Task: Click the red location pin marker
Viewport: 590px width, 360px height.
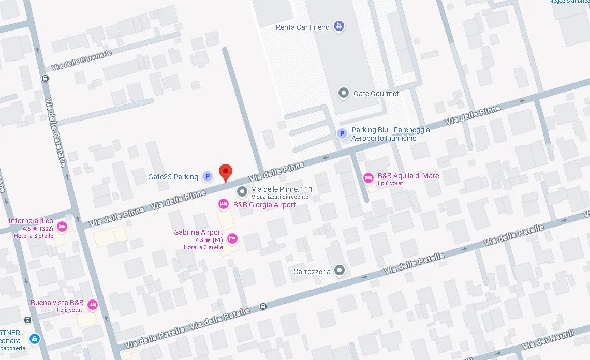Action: (225, 172)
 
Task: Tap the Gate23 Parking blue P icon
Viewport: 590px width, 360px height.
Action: (207, 177)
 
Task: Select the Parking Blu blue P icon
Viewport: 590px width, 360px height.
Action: (342, 134)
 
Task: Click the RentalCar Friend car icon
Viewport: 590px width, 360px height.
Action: (338, 26)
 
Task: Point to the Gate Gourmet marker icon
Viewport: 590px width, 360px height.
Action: (343, 93)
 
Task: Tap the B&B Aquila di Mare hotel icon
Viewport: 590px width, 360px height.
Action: (368, 178)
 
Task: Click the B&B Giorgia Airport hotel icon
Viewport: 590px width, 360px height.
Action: (224, 205)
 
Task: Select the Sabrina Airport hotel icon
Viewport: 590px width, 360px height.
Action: (232, 238)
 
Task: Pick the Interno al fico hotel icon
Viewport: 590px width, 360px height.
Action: (62, 227)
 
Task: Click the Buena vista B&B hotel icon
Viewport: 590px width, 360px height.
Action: (93, 305)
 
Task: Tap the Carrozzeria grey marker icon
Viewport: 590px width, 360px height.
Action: (339, 270)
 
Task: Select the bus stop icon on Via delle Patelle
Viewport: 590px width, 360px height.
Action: (263, 306)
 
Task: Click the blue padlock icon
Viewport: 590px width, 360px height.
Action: (34, 339)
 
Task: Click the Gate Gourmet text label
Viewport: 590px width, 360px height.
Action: (376, 94)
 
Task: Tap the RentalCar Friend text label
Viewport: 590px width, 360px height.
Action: (303, 27)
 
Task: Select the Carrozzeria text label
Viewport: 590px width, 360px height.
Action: (312, 272)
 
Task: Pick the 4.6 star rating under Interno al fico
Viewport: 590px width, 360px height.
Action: (38, 228)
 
